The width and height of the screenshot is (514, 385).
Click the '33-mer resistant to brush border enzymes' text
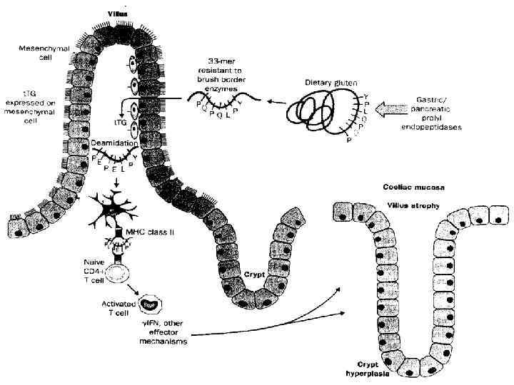point(223,72)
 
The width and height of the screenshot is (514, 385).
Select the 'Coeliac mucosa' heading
point(410,188)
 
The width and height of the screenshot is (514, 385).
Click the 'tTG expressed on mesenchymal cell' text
point(26,106)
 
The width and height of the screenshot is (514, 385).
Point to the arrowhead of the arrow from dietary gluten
point(270,104)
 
